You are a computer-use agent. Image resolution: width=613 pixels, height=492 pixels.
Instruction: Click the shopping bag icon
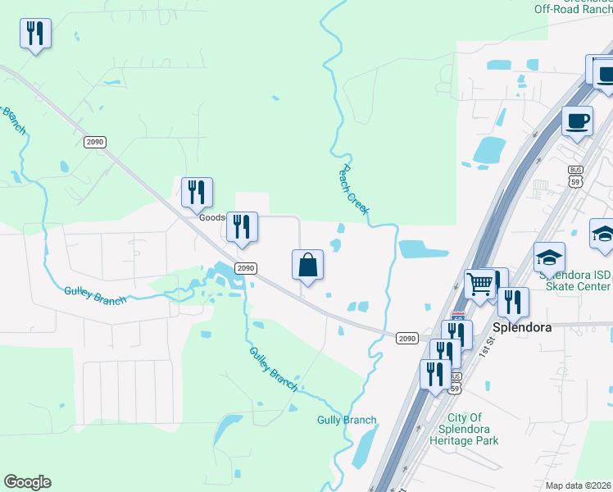tap(307, 265)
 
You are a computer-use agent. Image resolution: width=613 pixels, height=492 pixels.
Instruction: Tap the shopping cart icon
tap(479, 285)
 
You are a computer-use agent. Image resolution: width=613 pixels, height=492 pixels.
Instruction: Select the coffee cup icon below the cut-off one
tap(577, 121)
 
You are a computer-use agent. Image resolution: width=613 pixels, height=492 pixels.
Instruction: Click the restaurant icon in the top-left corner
tap(35, 33)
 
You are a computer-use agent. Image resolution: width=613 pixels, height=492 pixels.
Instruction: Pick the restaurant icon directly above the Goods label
tap(197, 193)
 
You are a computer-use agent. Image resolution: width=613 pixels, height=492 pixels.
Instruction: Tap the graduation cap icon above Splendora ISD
tap(549, 257)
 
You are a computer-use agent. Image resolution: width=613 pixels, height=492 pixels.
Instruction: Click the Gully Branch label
tap(347, 421)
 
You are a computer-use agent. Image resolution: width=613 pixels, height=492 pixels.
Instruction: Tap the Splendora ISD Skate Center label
tap(575, 280)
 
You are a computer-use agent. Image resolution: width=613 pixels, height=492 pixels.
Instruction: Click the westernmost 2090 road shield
tap(95, 142)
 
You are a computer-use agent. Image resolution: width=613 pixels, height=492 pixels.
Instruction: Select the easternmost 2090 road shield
tap(407, 338)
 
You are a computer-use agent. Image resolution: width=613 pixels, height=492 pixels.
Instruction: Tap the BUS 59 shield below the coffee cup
tap(575, 175)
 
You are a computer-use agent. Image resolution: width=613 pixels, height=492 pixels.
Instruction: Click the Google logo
tap(27, 482)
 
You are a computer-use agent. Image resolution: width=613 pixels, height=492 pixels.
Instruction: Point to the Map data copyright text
tap(578, 485)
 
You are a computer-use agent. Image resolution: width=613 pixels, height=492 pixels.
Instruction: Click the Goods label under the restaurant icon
tap(211, 218)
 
